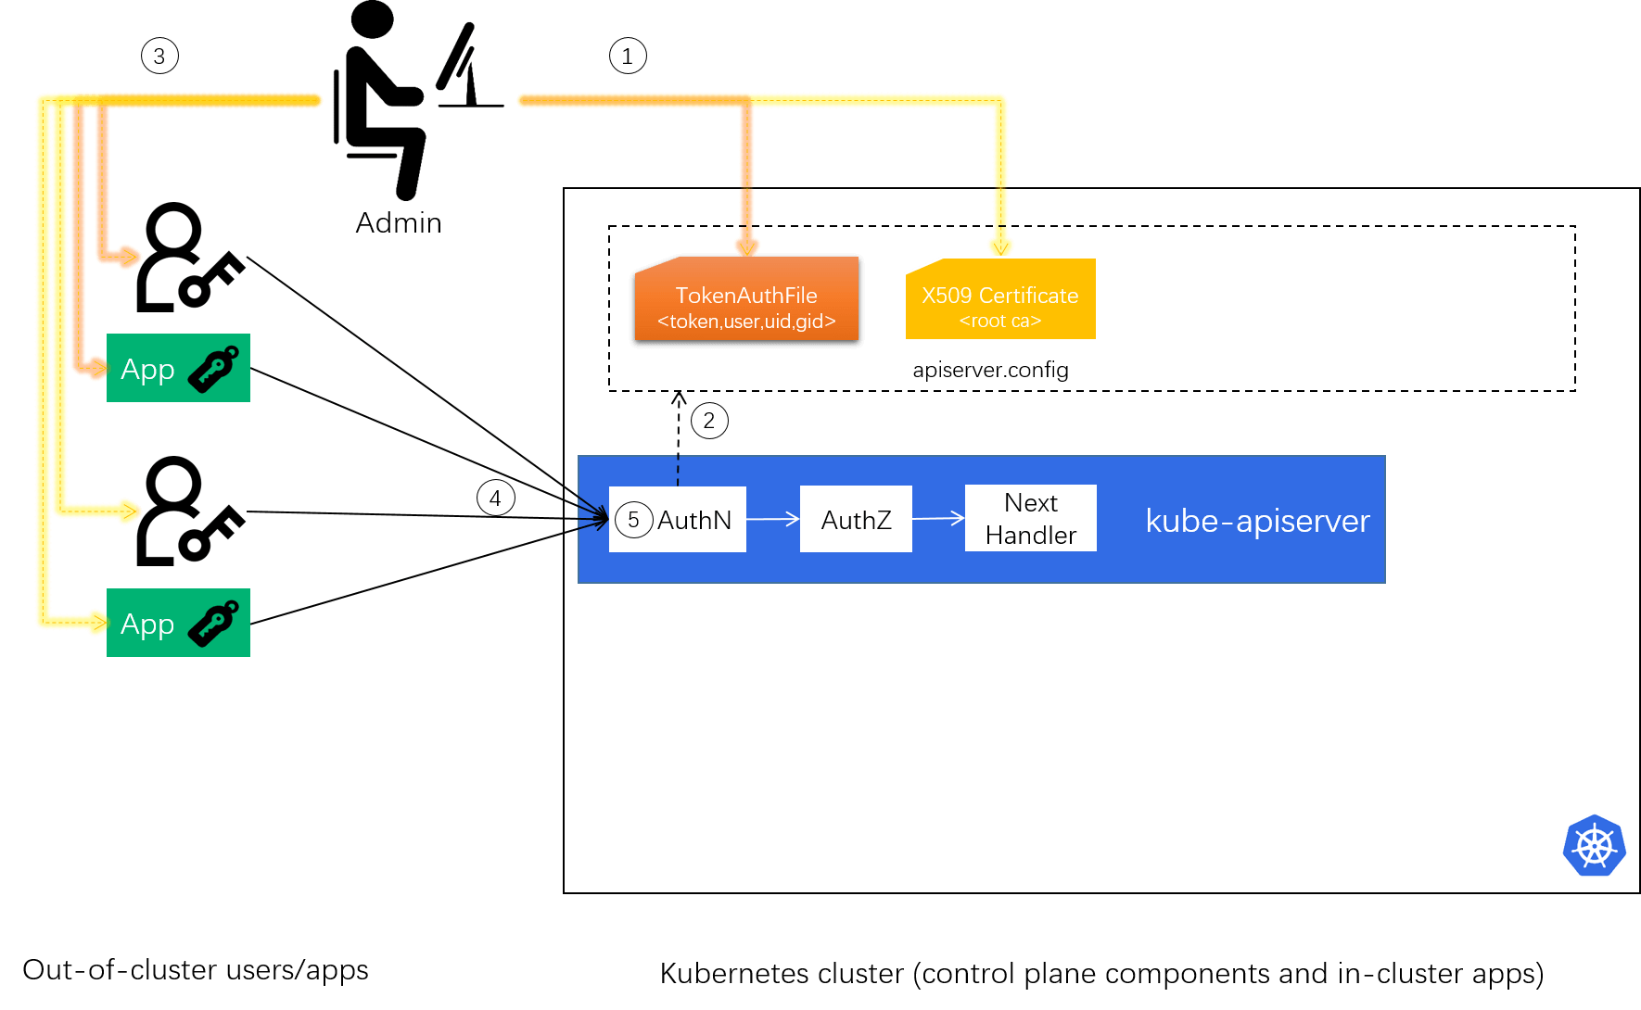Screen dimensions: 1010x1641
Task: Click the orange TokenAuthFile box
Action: [x=746, y=299]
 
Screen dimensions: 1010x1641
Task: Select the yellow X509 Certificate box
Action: [x=1000, y=299]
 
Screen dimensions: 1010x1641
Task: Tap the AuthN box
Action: [x=678, y=519]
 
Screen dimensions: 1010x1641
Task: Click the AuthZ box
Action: [x=856, y=519]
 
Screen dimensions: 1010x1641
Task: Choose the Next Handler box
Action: [x=1030, y=518]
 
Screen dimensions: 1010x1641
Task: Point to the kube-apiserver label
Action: [x=1257, y=521]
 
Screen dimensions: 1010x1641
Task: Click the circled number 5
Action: [x=633, y=520]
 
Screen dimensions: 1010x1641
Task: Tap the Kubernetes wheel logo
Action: [x=1594, y=845]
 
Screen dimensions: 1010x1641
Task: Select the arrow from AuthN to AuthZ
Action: [x=772, y=519]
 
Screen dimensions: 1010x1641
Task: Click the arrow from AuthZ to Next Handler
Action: [x=938, y=519]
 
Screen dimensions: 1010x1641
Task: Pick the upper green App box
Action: [x=178, y=368]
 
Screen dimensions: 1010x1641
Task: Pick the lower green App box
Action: [x=178, y=623]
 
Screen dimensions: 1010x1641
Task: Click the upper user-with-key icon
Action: [x=191, y=257]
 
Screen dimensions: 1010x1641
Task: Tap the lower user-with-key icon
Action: [x=191, y=511]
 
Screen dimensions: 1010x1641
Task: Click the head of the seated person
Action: [x=373, y=19]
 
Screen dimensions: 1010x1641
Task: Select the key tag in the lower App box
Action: [x=214, y=623]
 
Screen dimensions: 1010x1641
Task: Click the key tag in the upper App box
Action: [x=214, y=368]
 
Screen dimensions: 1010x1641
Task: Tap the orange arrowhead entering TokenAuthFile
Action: [x=746, y=246]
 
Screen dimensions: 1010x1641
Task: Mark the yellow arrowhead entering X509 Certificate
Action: [x=1000, y=246]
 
